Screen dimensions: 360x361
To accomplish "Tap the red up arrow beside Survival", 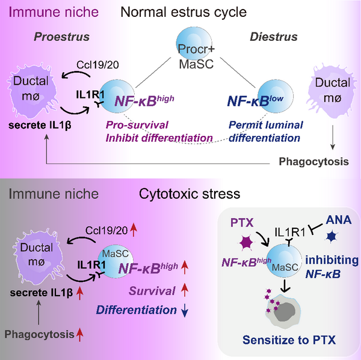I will (x=186, y=291).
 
